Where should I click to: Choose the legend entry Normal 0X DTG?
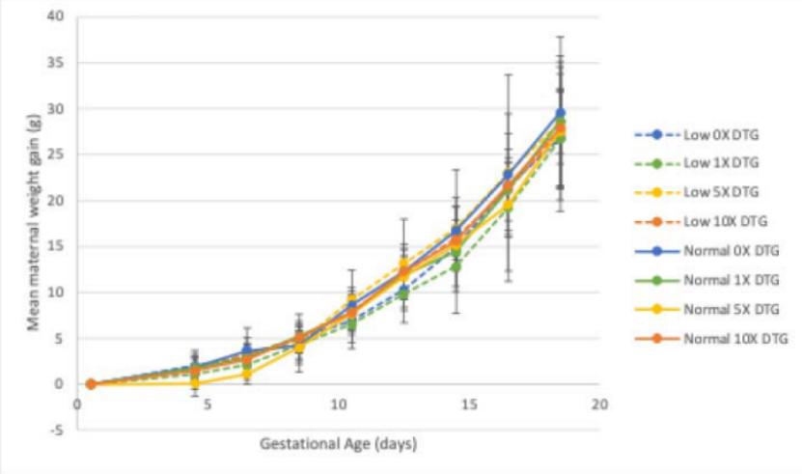(723, 251)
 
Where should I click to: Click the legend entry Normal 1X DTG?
(723, 280)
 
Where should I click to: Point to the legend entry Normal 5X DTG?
(723, 309)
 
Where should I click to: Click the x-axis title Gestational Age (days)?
(338, 444)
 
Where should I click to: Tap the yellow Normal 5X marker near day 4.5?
(195, 383)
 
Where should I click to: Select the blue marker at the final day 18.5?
(560, 113)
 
